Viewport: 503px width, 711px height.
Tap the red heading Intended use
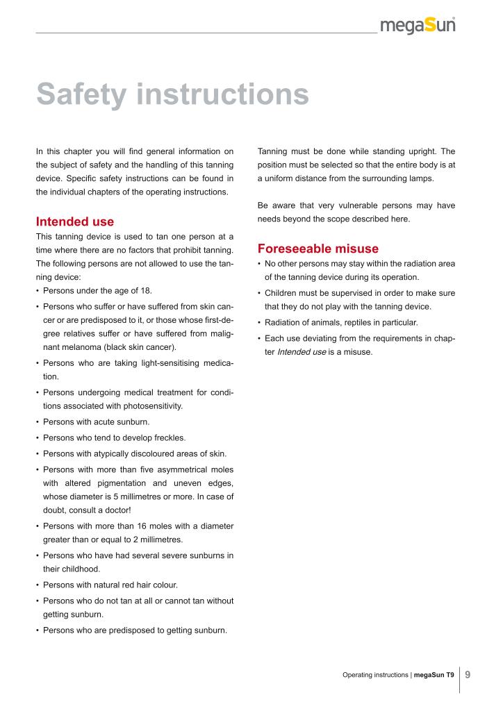(74, 222)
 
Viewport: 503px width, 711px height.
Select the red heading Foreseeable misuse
(318, 249)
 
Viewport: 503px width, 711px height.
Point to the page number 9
(468, 674)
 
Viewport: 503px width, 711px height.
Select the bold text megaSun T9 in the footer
(434, 674)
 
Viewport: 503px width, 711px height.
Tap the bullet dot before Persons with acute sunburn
(37, 421)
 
